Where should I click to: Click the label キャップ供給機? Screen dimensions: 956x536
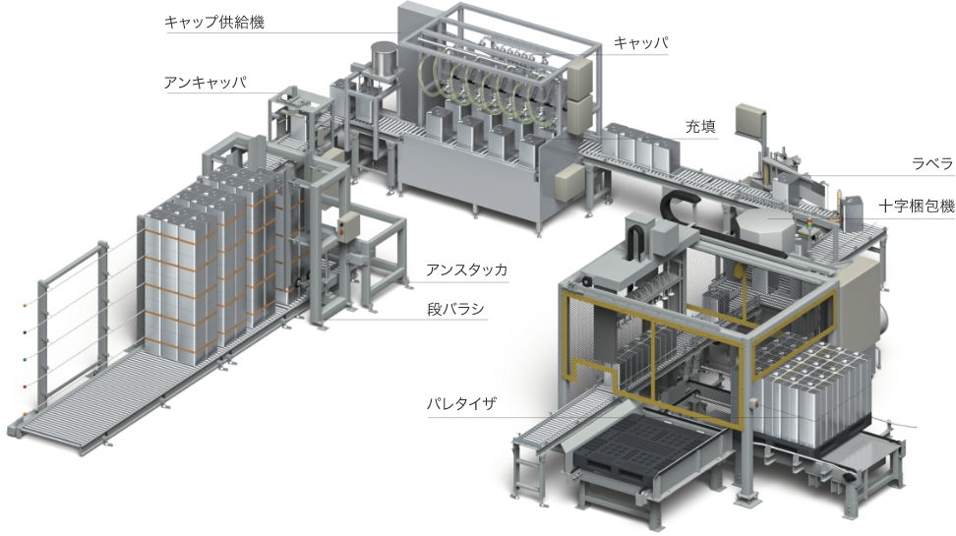coord(214,23)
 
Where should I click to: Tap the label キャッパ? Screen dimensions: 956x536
coord(641,42)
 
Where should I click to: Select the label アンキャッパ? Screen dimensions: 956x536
coord(205,83)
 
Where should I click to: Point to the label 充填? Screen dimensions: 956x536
coord(700,126)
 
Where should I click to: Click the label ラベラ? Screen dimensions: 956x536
coord(932,163)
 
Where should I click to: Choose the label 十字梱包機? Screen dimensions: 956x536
coord(917,207)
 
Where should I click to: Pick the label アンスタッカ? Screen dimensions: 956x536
coord(466,270)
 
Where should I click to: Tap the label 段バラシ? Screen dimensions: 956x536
coord(455,309)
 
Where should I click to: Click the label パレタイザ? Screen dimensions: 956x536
coord(461,403)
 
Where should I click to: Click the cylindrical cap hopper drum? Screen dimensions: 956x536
coord(385,59)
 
